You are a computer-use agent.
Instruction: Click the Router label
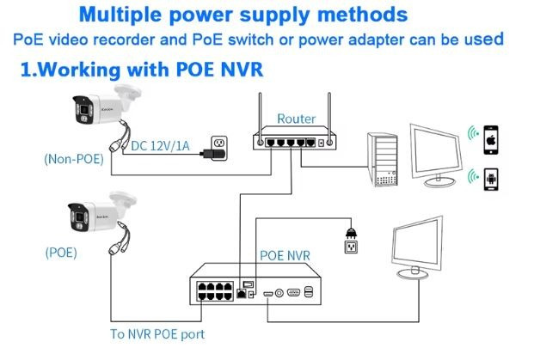pyautogui.click(x=296, y=119)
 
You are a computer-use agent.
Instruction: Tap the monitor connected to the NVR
pyautogui.click(x=423, y=249)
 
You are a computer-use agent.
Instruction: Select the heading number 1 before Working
pyautogui.click(x=26, y=69)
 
